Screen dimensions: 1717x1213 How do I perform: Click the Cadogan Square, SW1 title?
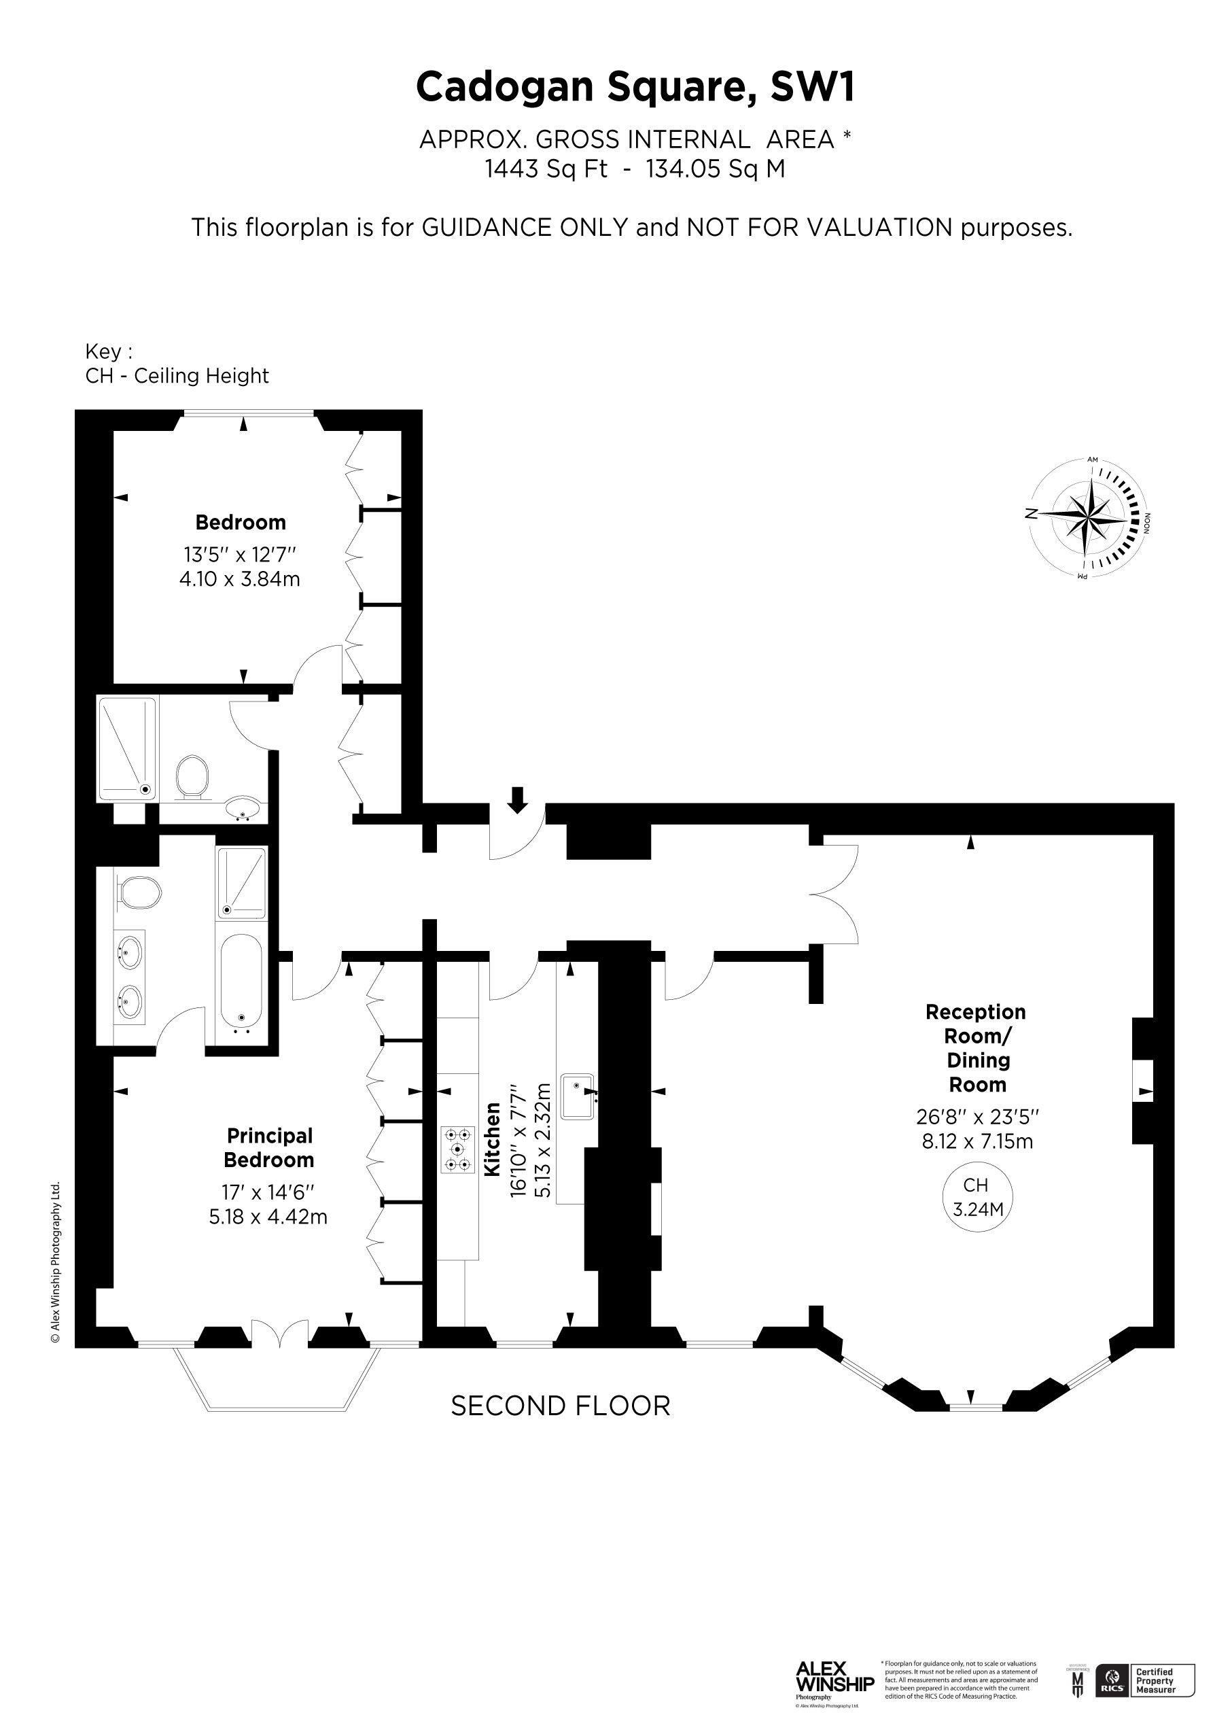click(635, 88)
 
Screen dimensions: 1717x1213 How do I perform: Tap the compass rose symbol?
click(1088, 517)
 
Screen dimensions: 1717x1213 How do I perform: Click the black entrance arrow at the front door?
click(516, 799)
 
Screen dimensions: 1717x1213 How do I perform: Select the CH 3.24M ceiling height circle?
click(977, 1196)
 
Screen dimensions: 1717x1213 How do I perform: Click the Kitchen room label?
click(492, 1139)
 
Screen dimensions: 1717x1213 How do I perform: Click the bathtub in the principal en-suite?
click(241, 980)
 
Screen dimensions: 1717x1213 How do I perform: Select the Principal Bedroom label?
click(269, 1148)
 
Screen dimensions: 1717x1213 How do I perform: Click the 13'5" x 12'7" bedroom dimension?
click(240, 555)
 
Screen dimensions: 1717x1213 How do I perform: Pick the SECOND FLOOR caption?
click(560, 1406)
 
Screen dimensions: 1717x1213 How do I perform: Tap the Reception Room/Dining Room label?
click(977, 1047)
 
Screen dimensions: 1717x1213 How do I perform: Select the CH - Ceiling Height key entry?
click(177, 375)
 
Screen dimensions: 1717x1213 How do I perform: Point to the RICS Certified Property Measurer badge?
click(1138, 1680)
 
